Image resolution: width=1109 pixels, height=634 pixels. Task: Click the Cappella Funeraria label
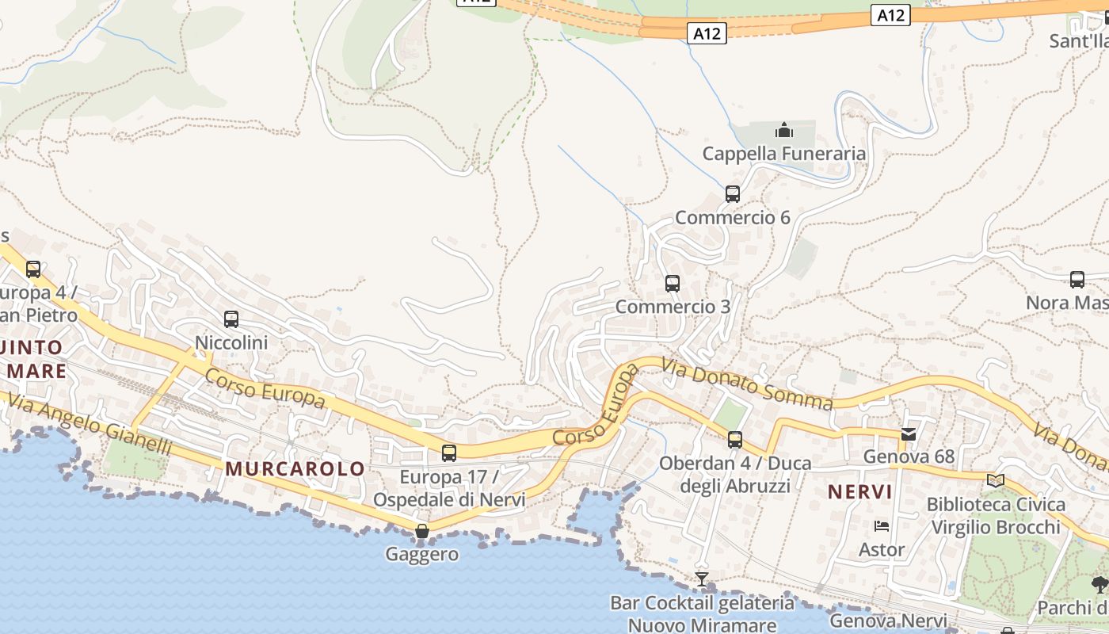pyautogui.click(x=783, y=154)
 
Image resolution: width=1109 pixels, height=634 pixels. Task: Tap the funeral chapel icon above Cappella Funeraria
pyautogui.click(x=783, y=130)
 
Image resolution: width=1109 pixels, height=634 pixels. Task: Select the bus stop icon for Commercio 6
pyautogui.click(x=732, y=193)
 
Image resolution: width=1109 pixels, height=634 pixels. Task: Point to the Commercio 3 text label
pyautogui.click(x=673, y=306)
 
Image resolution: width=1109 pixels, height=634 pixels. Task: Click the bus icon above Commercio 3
pyautogui.click(x=673, y=283)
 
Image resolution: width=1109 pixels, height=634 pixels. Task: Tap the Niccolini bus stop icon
pyautogui.click(x=231, y=319)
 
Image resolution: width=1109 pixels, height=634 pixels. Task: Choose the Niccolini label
pyautogui.click(x=231, y=342)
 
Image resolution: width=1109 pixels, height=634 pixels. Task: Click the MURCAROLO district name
pyautogui.click(x=295, y=468)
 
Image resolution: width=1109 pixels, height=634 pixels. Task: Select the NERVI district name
pyautogui.click(x=860, y=492)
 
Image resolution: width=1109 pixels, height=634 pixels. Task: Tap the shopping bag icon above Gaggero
pyautogui.click(x=422, y=530)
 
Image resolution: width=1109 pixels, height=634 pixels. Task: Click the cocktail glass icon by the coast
pyautogui.click(x=701, y=579)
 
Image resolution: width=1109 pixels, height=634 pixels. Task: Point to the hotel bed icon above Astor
pyautogui.click(x=882, y=526)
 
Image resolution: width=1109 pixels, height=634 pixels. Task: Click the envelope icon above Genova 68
pyautogui.click(x=909, y=433)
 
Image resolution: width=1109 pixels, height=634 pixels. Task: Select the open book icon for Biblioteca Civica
pyautogui.click(x=996, y=480)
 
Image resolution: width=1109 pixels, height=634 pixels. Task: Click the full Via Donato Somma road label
pyautogui.click(x=747, y=385)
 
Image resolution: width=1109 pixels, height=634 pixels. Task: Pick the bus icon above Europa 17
pyautogui.click(x=449, y=453)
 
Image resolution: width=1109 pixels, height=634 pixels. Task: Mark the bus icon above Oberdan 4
pyautogui.click(x=735, y=439)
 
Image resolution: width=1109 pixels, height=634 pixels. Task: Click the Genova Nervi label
pyautogui.click(x=888, y=621)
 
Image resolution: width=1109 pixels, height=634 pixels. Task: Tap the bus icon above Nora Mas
pyautogui.click(x=1077, y=279)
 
